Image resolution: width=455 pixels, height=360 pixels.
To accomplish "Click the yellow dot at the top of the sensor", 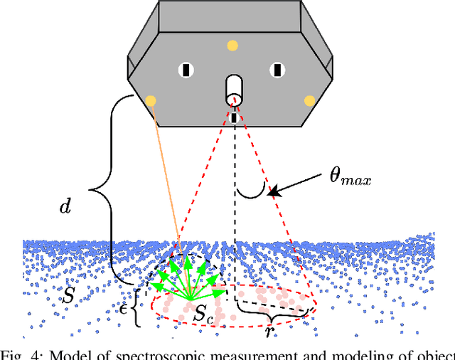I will coord(232,46).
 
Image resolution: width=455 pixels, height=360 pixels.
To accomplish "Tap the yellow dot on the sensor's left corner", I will coord(151,100).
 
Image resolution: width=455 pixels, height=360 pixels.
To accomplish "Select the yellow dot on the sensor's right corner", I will coord(309,100).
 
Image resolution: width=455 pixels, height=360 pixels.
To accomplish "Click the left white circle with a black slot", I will coord(186,70).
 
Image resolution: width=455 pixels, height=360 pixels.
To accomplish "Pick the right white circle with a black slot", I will coord(277,70).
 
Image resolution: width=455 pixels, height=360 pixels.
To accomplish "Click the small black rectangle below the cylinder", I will coord(234,117).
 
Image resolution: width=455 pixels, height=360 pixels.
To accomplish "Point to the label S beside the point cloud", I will coord(68,296).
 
